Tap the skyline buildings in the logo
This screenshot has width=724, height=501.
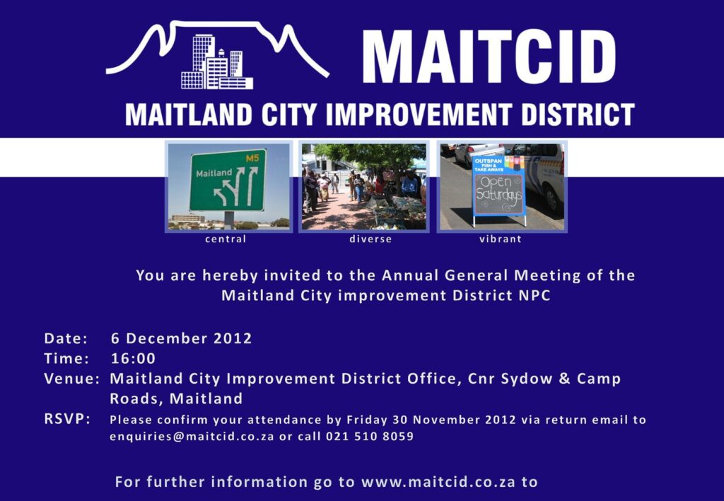tap(216, 64)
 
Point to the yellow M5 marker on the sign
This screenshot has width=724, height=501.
tap(252, 158)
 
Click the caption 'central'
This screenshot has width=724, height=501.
tap(226, 239)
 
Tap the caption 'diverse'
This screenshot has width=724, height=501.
tap(370, 239)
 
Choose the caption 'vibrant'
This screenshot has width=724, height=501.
tap(500, 239)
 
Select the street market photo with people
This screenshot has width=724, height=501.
tap(363, 187)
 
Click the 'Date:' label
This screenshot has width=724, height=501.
tap(66, 338)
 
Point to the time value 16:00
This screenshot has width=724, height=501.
tap(133, 358)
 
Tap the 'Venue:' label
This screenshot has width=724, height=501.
tap(71, 378)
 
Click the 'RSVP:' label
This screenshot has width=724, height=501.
tap(67, 419)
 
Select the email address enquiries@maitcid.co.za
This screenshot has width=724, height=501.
tap(192, 436)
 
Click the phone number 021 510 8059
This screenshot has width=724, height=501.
tap(370, 436)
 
